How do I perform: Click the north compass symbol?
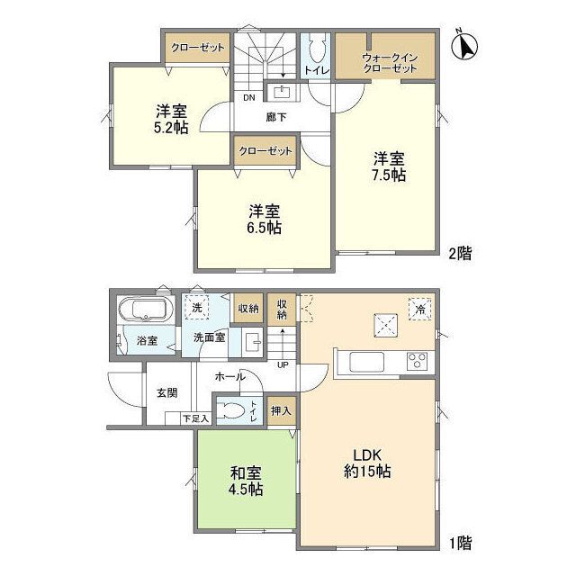click(464, 46)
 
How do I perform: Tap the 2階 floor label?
click(460, 254)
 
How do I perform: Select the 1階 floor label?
click(461, 544)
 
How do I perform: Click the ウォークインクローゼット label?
click(390, 63)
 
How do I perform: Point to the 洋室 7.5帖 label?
click(390, 166)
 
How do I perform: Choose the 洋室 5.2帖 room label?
click(172, 119)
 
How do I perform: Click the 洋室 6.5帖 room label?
click(265, 219)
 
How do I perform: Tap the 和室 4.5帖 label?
click(246, 481)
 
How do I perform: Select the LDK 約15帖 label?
click(367, 463)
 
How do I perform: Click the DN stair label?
click(249, 98)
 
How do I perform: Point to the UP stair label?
click(283, 364)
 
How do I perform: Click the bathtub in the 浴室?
click(146, 310)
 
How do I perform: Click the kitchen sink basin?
click(366, 362)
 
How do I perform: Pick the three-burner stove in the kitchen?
click(417, 361)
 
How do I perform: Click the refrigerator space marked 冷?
click(420, 309)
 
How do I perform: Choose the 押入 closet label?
click(282, 410)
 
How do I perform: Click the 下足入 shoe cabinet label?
click(196, 418)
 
